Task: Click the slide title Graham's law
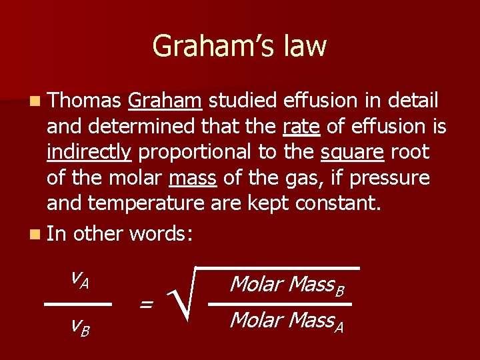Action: click(239, 46)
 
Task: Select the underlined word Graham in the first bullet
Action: click(165, 101)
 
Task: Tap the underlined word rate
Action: click(297, 127)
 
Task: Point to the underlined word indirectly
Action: click(89, 153)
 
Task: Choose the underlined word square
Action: click(351, 153)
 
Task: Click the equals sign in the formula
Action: click(145, 305)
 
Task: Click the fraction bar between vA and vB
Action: click(77, 303)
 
